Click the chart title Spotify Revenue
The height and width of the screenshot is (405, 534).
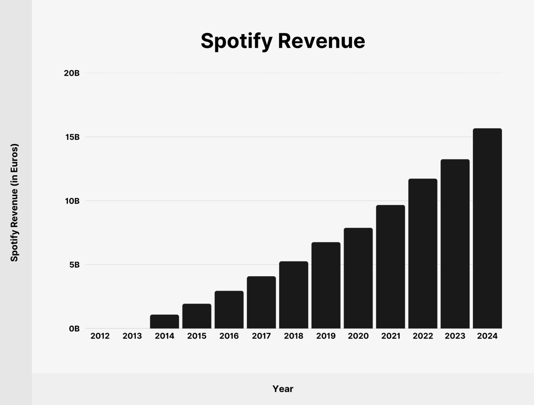[283, 41]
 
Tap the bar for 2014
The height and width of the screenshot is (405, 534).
[164, 322]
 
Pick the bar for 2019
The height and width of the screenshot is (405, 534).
[326, 285]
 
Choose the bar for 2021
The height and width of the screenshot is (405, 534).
[390, 267]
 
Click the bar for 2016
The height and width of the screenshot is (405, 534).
[229, 310]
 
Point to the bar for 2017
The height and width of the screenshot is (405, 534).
[261, 302]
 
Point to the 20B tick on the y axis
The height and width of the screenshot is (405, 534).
[72, 73]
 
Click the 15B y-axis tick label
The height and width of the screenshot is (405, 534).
[72, 137]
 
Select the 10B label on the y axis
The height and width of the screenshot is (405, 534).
[72, 201]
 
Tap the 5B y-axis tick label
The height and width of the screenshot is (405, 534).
[74, 265]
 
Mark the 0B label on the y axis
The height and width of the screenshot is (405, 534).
[74, 329]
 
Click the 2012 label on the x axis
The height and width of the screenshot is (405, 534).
[100, 336]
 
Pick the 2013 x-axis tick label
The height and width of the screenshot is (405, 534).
[132, 336]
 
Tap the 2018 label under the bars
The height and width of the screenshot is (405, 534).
[294, 336]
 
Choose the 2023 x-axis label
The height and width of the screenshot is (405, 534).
[455, 336]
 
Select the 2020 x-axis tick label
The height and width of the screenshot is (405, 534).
[358, 336]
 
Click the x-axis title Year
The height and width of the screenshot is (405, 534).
[283, 389]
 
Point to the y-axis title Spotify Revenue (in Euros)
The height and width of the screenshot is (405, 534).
[14, 202]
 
